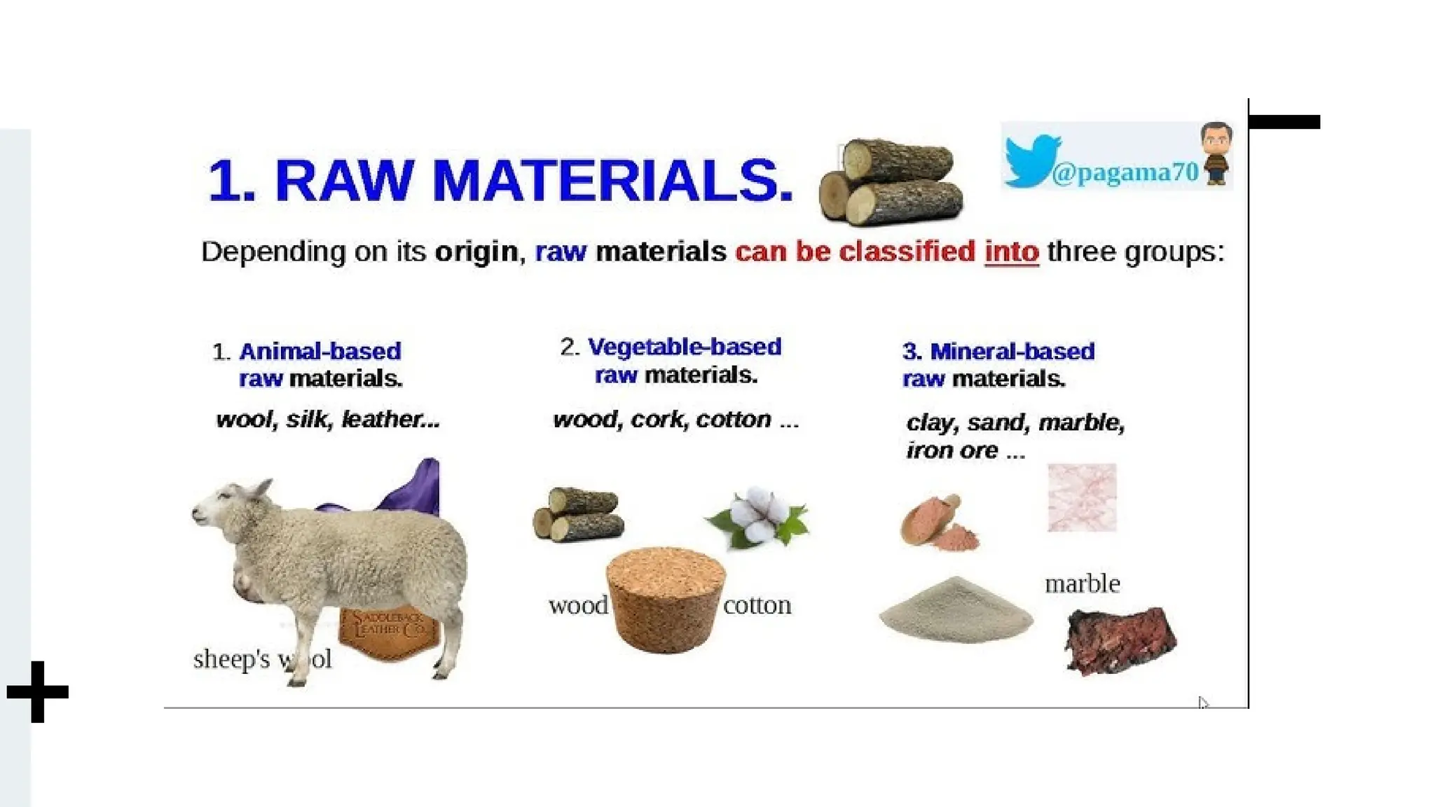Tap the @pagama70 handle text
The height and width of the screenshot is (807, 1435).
pyautogui.click(x=1125, y=172)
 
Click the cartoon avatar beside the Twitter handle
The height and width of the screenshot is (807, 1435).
pyautogui.click(x=1216, y=154)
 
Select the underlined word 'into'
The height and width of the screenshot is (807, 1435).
pyautogui.click(x=1011, y=251)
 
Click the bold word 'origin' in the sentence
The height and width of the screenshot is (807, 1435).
pyautogui.click(x=476, y=251)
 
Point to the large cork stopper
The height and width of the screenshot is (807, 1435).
pyautogui.click(x=665, y=599)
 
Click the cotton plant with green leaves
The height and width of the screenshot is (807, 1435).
pyautogui.click(x=757, y=518)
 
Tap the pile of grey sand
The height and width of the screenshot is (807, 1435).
pyautogui.click(x=956, y=609)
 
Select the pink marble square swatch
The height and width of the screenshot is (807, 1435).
pyautogui.click(x=1082, y=497)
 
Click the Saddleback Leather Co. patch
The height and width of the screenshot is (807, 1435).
pyautogui.click(x=389, y=630)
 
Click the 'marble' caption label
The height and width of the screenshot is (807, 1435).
pyautogui.click(x=1082, y=584)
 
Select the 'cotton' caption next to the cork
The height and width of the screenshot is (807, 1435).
pyautogui.click(x=757, y=605)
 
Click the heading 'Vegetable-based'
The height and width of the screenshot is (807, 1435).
pyautogui.click(x=684, y=347)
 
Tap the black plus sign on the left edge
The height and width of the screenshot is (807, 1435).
pyautogui.click(x=38, y=691)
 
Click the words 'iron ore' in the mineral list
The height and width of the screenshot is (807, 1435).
pyautogui.click(x=952, y=450)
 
